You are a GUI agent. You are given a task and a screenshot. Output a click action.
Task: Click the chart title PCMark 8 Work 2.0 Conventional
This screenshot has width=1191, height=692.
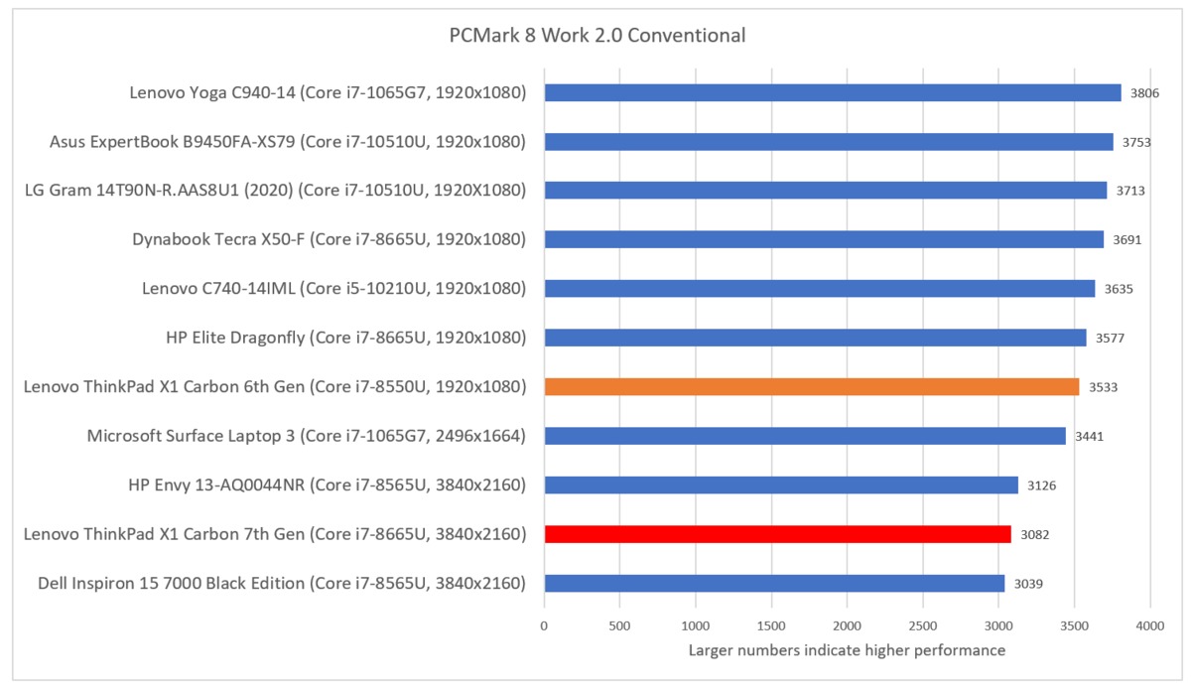pyautogui.click(x=596, y=36)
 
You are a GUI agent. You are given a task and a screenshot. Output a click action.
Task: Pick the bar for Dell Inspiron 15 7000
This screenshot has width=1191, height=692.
pyautogui.click(x=774, y=583)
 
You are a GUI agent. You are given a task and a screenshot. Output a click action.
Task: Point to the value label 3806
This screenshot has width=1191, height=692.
pyautogui.click(x=1144, y=93)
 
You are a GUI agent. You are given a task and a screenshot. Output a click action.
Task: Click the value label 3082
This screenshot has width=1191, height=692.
pyautogui.click(x=1034, y=535)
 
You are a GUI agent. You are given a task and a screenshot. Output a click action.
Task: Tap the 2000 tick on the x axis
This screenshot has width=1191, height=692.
pyautogui.click(x=847, y=626)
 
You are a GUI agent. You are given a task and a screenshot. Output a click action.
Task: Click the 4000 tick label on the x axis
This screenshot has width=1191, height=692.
pyautogui.click(x=1150, y=626)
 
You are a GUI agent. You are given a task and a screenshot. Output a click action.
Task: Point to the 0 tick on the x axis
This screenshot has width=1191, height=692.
pyautogui.click(x=544, y=626)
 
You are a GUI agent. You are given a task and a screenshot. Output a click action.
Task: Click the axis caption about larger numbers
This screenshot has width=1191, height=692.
pyautogui.click(x=847, y=651)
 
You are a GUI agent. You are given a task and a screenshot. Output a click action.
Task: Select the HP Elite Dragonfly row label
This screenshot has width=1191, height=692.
pyautogui.click(x=345, y=338)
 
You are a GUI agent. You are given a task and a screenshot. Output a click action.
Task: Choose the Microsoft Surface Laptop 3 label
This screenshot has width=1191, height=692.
pyautogui.click(x=306, y=436)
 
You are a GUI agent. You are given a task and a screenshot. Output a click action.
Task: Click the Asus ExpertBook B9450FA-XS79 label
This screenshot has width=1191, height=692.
pyautogui.click(x=287, y=142)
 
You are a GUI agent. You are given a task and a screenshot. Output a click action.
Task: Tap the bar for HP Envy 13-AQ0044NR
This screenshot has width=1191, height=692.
pyautogui.click(x=781, y=485)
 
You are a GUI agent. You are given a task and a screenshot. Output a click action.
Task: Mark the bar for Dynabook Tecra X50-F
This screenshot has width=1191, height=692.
pyautogui.click(x=824, y=239)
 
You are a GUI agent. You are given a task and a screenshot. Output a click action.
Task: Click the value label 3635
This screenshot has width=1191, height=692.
pyautogui.click(x=1118, y=289)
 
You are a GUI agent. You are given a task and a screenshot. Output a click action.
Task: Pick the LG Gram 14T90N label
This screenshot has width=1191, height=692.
pyautogui.click(x=275, y=191)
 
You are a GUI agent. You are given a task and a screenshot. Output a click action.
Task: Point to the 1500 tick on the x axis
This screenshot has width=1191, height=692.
pyautogui.click(x=771, y=626)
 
